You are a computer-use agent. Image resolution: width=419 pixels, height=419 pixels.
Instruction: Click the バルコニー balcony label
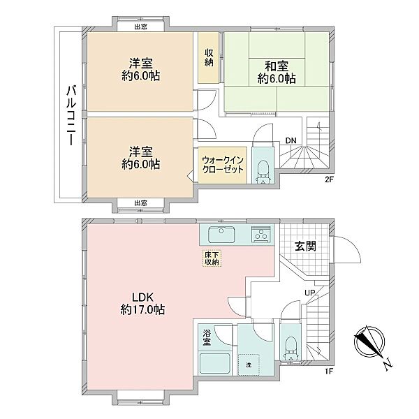[x=71, y=115]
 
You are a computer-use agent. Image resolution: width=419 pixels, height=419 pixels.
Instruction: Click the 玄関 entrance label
[x=305, y=246]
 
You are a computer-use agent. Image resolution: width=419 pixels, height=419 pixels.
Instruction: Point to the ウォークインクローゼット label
[x=223, y=165]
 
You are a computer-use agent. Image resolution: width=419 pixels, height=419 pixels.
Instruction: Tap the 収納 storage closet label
[x=209, y=57]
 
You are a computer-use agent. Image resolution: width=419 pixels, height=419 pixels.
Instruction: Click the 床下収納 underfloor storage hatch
[x=212, y=258]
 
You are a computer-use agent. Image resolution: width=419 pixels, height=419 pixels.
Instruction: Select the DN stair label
[x=291, y=140]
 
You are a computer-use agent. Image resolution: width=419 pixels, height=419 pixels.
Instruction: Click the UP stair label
[x=310, y=293]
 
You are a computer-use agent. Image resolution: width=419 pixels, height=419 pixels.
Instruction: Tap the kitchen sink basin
[x=221, y=235]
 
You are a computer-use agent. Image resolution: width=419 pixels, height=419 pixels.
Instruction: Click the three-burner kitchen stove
[x=260, y=235]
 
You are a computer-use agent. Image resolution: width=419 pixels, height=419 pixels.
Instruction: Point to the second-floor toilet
[x=263, y=171]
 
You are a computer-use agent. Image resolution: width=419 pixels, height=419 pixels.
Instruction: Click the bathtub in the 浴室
[x=215, y=363]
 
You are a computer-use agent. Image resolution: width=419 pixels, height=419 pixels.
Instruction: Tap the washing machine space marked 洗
[x=249, y=365]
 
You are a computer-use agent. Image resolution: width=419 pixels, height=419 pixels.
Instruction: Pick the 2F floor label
[x=329, y=179]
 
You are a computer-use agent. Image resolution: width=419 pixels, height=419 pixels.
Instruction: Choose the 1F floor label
[x=329, y=372]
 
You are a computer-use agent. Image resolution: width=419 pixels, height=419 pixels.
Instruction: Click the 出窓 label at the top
[x=141, y=27]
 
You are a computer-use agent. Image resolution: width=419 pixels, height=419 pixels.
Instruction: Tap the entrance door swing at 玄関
[x=347, y=249]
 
